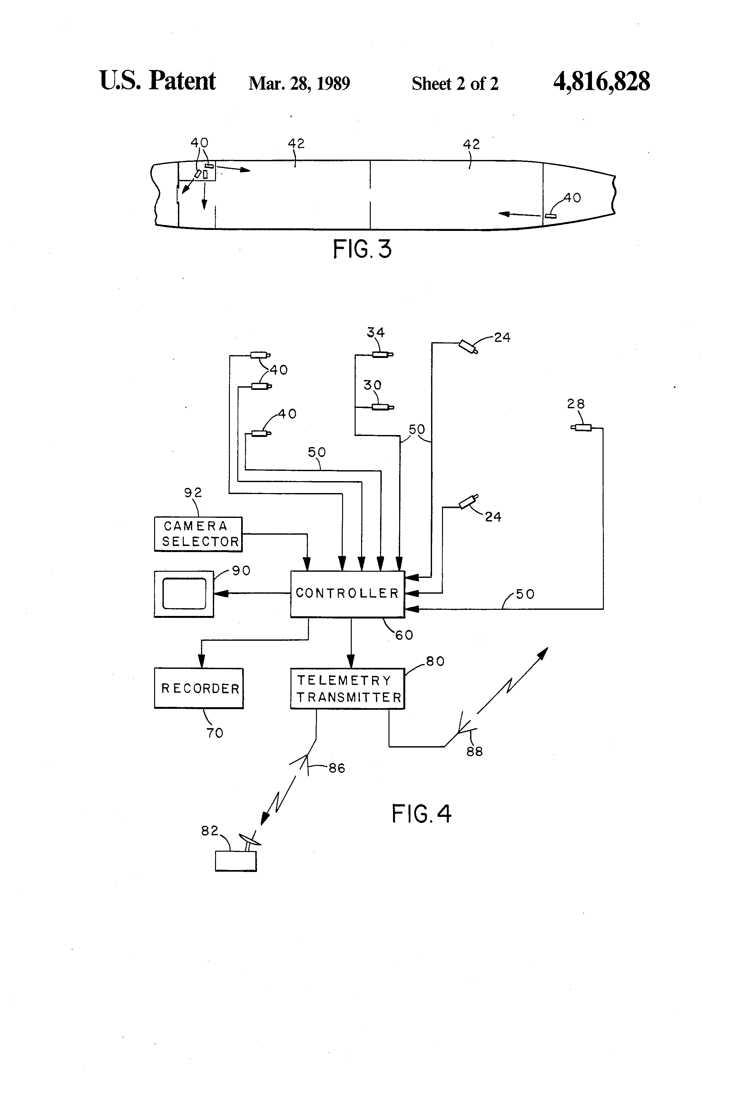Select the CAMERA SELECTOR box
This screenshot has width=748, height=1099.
(198, 534)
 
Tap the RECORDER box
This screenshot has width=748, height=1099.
(199, 688)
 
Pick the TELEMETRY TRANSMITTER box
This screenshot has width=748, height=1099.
(348, 688)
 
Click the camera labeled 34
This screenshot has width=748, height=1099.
(381, 354)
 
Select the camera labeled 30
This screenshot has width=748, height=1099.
(381, 407)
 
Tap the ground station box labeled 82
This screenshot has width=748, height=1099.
(235, 861)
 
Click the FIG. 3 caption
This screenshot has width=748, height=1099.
(362, 249)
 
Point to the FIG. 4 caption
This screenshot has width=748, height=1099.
(421, 814)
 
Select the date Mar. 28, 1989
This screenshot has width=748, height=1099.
(299, 84)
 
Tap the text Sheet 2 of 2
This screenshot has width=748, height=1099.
(455, 84)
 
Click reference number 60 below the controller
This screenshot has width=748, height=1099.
(404, 635)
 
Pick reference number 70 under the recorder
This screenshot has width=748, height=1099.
(215, 733)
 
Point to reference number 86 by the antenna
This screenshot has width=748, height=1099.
(337, 768)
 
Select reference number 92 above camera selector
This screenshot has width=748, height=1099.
(193, 493)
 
